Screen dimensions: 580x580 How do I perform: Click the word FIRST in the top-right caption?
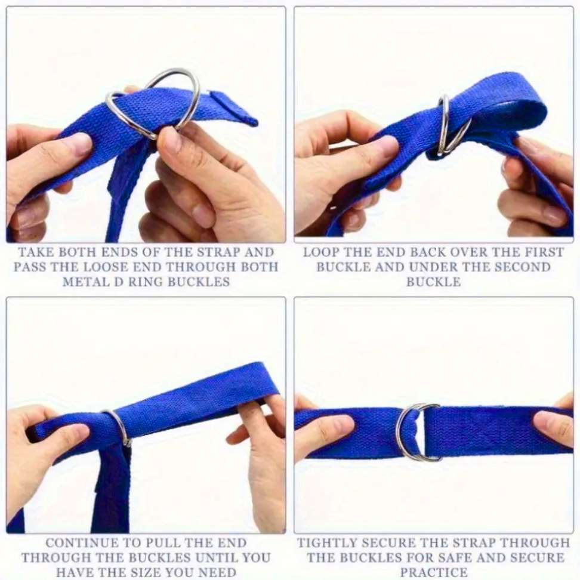(x=542, y=252)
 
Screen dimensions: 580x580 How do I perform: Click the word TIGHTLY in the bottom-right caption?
(x=326, y=543)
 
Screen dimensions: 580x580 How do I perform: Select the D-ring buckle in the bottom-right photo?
(x=412, y=432)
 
